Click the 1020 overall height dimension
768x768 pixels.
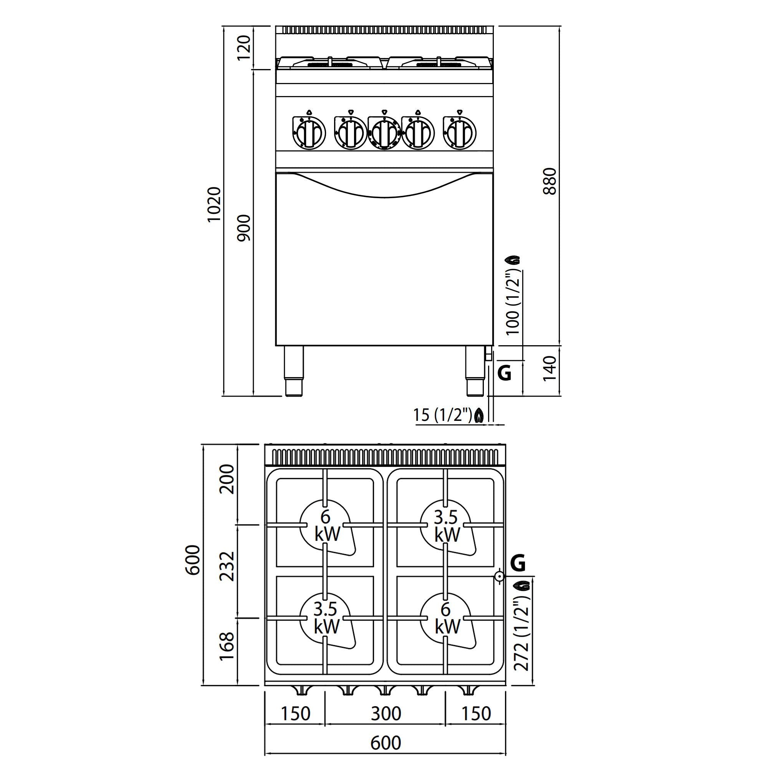click(x=214, y=204)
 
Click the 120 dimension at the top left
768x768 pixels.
click(x=244, y=48)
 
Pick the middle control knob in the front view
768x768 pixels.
click(x=384, y=133)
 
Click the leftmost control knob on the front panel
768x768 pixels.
click(x=309, y=133)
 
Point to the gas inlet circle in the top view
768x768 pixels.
click(x=499, y=576)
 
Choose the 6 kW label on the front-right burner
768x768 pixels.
click(x=447, y=617)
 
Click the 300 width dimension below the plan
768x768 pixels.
click(x=386, y=714)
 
